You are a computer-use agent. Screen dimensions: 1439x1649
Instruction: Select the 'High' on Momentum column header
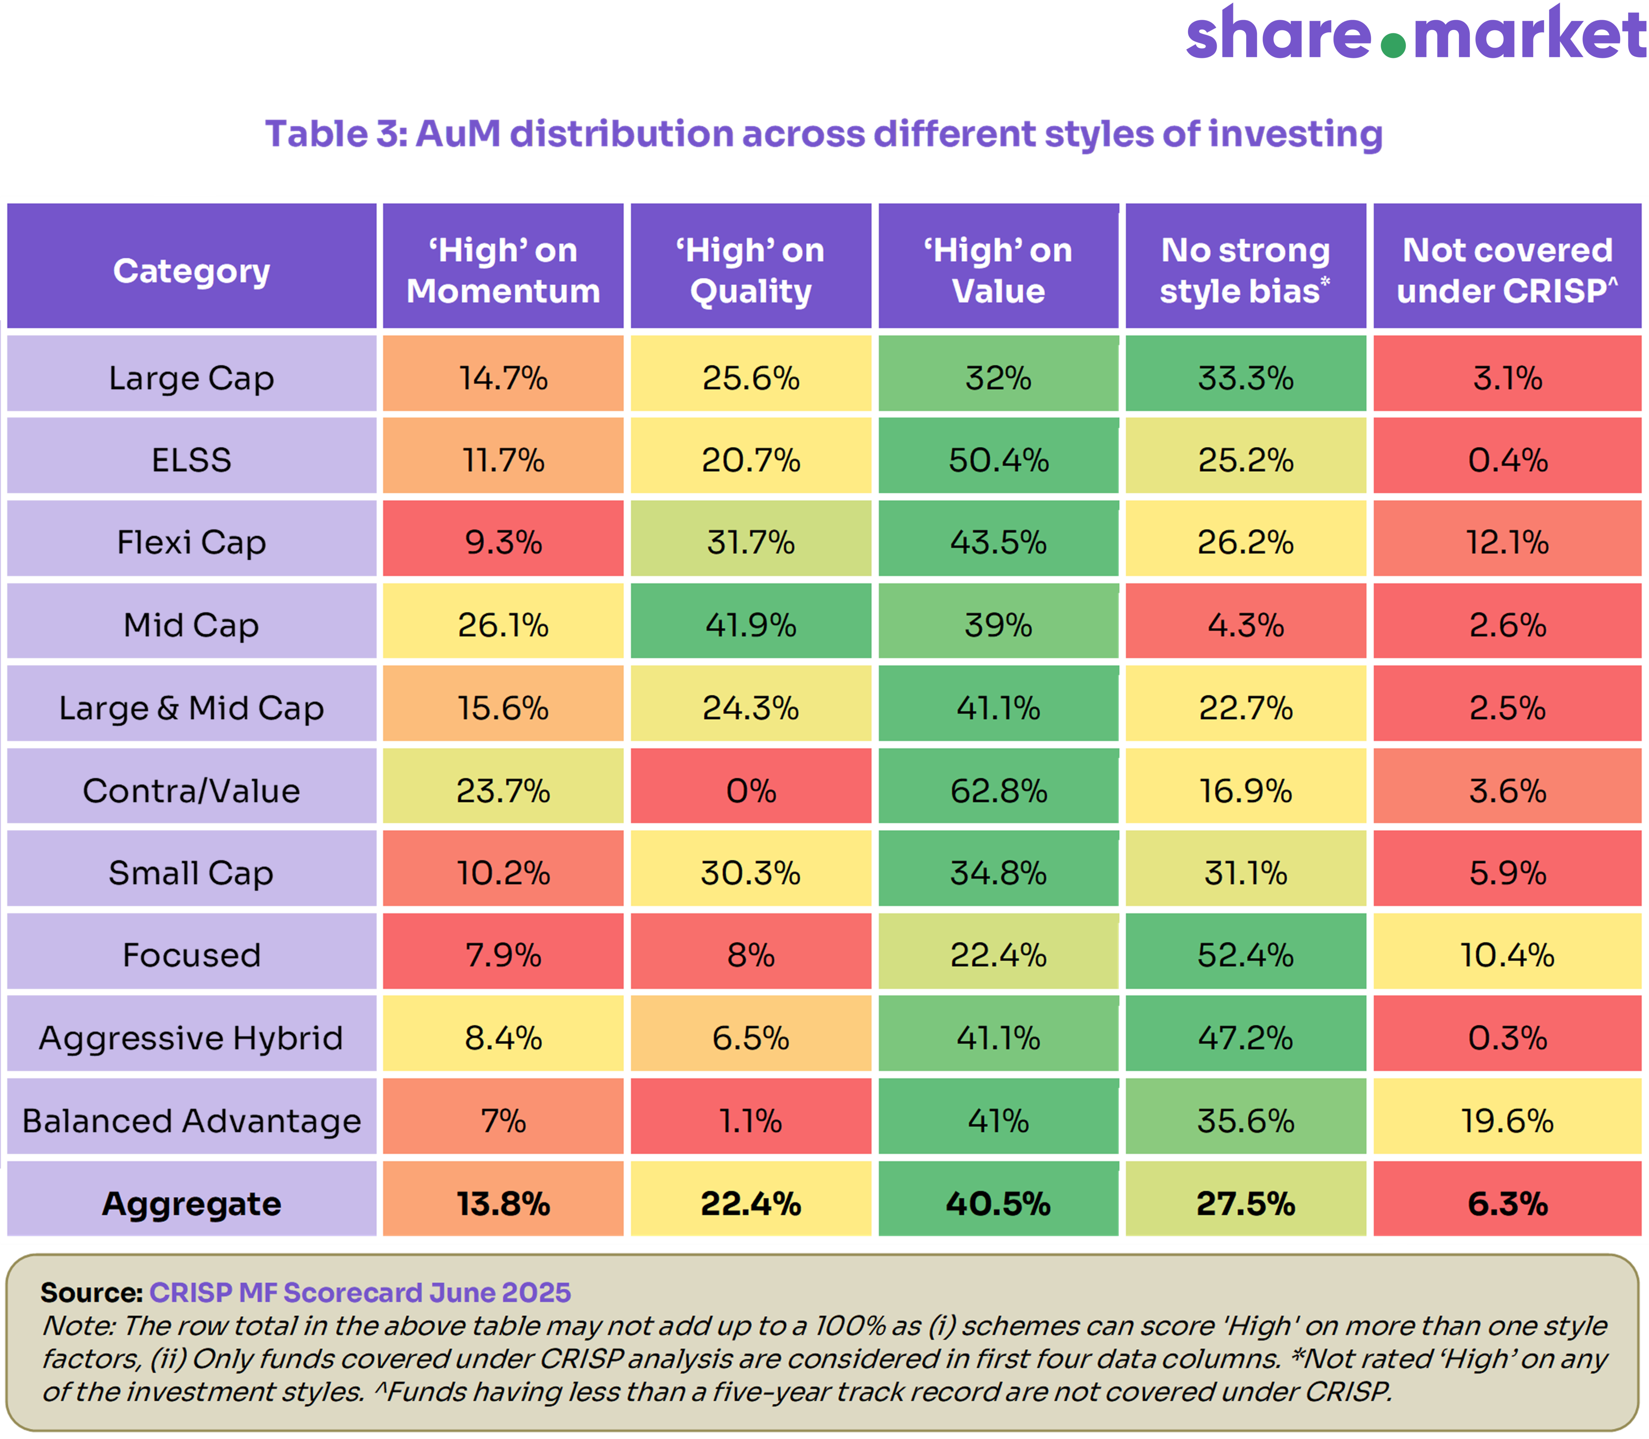coord(503,270)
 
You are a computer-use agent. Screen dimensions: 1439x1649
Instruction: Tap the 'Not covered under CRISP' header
coord(1507,270)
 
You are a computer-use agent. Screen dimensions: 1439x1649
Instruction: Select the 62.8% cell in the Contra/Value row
coord(999,791)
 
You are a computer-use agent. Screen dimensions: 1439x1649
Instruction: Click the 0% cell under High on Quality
coord(751,791)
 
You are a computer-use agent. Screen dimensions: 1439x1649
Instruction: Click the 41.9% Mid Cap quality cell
coord(751,626)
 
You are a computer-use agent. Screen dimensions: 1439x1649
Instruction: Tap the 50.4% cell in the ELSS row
coord(999,460)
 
